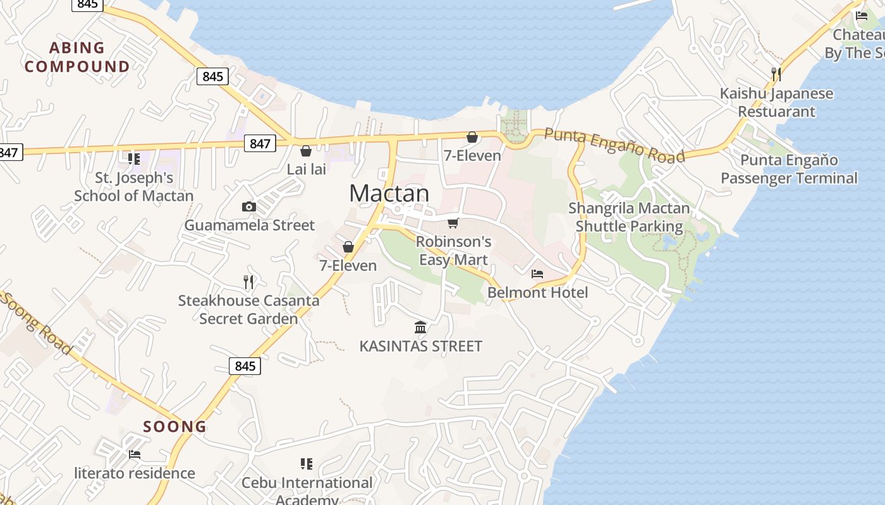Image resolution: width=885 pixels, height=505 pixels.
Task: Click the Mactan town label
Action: click(389, 193)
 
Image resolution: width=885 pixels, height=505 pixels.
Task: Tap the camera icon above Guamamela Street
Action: click(249, 206)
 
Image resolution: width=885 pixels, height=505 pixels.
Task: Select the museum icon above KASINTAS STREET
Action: click(420, 327)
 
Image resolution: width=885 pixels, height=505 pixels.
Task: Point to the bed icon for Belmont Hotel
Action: click(537, 274)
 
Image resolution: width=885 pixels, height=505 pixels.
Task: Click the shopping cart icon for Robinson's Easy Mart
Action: click(453, 223)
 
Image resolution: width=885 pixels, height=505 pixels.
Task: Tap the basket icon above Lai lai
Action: click(306, 151)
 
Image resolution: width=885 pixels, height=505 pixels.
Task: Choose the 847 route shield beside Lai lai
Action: click(260, 143)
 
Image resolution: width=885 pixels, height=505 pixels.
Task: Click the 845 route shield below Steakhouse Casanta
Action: click(245, 366)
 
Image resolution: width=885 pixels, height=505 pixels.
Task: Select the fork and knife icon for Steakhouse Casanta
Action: click(248, 282)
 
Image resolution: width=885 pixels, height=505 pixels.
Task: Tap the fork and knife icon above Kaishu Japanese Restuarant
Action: click(776, 74)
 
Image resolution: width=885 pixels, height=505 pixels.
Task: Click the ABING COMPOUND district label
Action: click(77, 57)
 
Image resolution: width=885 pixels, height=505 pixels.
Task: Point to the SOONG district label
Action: click(175, 427)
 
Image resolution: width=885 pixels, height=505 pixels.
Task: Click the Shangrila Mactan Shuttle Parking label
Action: click(629, 217)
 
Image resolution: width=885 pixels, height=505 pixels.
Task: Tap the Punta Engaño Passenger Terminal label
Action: click(789, 169)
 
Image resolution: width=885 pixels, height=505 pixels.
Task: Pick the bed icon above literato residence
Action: click(135, 454)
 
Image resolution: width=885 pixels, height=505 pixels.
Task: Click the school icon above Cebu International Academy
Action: click(307, 465)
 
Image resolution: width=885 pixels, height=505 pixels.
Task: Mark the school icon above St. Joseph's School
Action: click(133, 158)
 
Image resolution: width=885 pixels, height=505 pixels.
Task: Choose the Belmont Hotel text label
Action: click(537, 292)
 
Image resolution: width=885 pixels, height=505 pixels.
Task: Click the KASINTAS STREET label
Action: click(420, 346)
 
